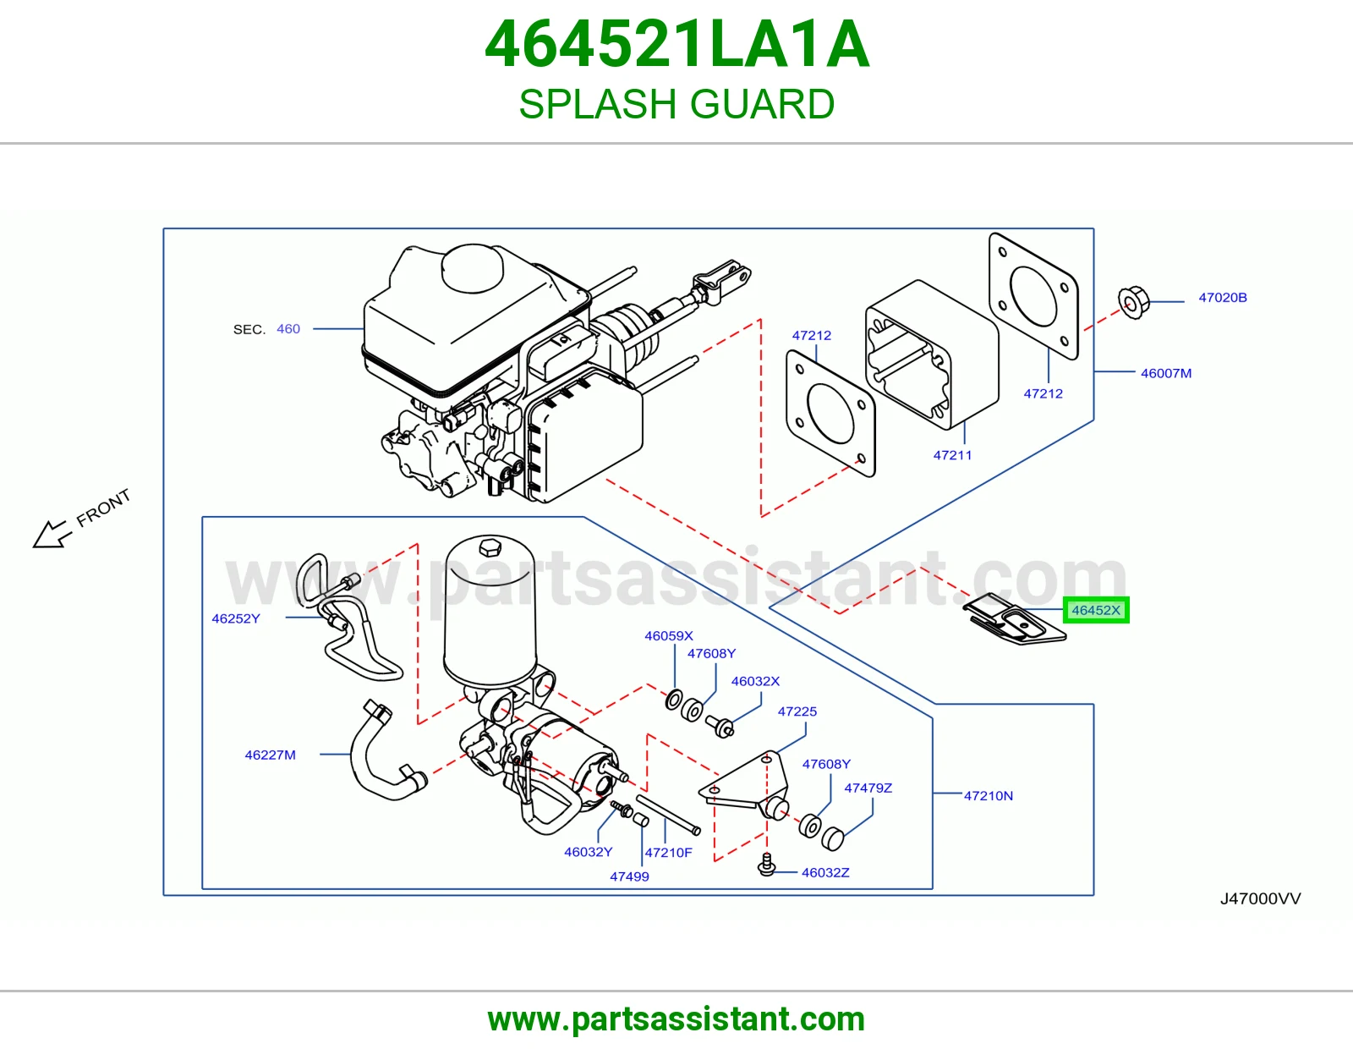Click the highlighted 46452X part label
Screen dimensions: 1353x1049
(x=1095, y=611)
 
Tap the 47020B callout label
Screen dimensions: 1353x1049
(x=1222, y=298)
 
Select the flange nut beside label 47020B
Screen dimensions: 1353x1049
(x=1133, y=302)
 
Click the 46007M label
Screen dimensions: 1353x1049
(x=1165, y=373)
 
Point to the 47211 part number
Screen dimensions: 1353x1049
(x=952, y=455)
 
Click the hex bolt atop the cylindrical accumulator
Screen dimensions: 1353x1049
(x=490, y=547)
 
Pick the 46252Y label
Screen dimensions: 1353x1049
(x=236, y=618)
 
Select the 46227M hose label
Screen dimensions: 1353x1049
(x=271, y=755)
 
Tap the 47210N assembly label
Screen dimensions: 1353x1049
(x=989, y=795)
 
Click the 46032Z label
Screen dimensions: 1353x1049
(x=825, y=873)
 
